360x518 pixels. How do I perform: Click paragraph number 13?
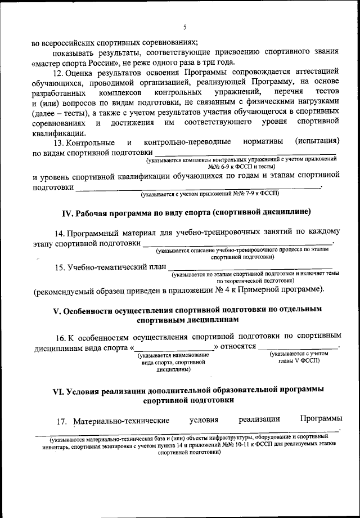(57, 142)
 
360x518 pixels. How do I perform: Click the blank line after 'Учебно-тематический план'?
(250, 269)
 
